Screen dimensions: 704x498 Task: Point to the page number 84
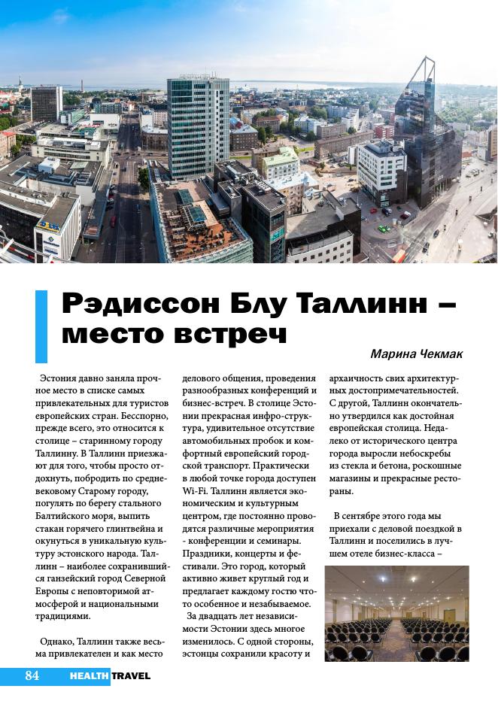coord(31,675)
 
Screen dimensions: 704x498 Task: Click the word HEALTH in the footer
coord(90,676)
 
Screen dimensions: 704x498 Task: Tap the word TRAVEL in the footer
coord(132,676)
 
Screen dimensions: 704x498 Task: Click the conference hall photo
coord(396,614)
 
